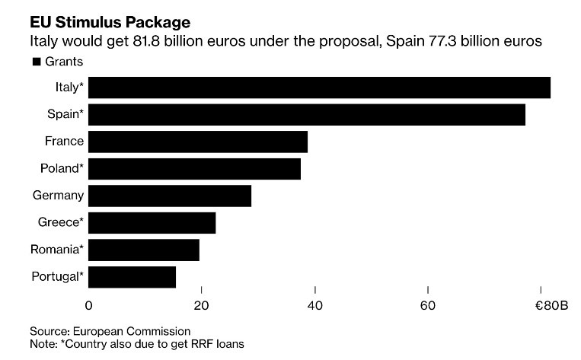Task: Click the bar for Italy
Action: pyautogui.click(x=319, y=88)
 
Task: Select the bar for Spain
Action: pyautogui.click(x=307, y=114)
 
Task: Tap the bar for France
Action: pyautogui.click(x=198, y=142)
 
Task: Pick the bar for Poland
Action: pyautogui.click(x=195, y=168)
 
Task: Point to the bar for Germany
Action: pyautogui.click(x=170, y=196)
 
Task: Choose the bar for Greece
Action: pyautogui.click(x=152, y=223)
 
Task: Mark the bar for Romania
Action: pyautogui.click(x=144, y=250)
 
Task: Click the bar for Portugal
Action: pyautogui.click(x=132, y=277)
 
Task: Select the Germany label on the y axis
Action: pyautogui.click(x=58, y=196)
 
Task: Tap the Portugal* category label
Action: pyautogui.click(x=57, y=277)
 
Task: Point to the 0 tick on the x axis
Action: pyautogui.click(x=89, y=305)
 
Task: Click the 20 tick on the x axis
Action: pyautogui.click(x=202, y=305)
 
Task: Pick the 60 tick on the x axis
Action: pyautogui.click(x=428, y=305)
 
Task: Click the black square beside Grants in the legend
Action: pyautogui.click(x=35, y=62)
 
